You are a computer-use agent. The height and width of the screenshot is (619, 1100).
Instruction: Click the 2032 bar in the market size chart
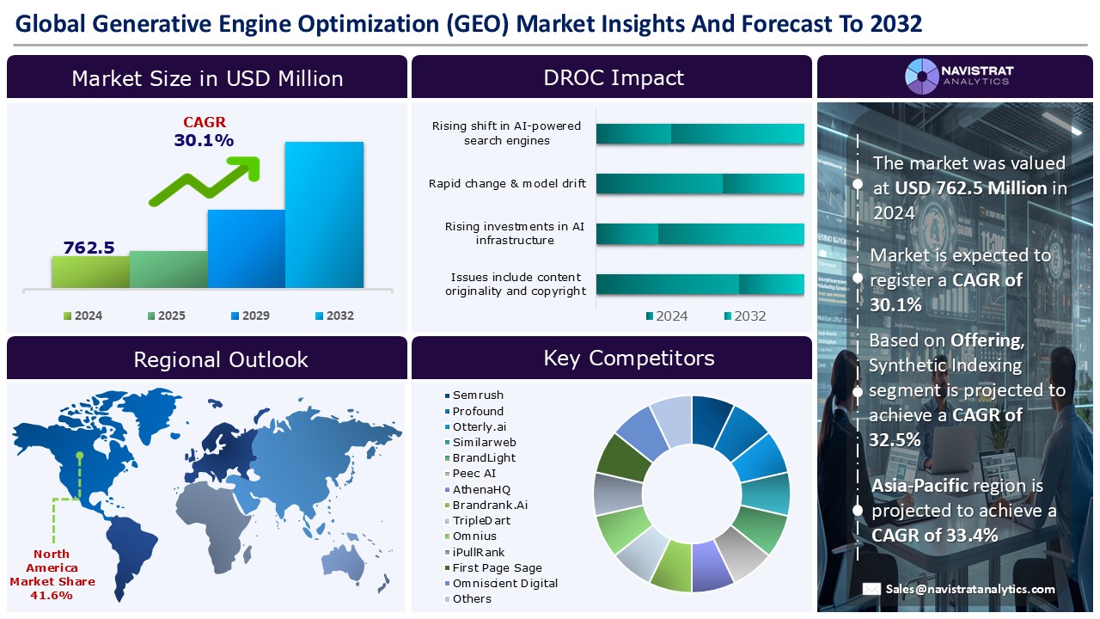coord(324,215)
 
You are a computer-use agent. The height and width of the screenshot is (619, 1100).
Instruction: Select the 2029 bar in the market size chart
coord(246,248)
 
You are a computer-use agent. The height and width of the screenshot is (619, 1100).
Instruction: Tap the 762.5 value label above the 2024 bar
coord(89,248)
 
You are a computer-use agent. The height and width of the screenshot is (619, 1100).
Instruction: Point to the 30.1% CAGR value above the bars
coord(204,140)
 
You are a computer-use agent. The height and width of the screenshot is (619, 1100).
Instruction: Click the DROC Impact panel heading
coord(613,77)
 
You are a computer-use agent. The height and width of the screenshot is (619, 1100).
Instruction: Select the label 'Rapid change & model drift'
coord(507,183)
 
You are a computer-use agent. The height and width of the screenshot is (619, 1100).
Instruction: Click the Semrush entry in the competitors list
coord(478,395)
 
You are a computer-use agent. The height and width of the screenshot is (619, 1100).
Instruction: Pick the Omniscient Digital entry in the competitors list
coord(504,583)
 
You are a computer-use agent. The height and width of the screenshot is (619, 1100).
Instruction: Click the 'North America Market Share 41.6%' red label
coord(52,574)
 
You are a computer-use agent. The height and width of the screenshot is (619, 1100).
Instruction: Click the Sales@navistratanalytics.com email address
coord(970,589)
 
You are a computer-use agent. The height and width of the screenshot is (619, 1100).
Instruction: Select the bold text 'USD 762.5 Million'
coord(970,187)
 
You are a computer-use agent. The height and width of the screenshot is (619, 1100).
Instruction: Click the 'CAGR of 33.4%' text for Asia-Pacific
coord(934,535)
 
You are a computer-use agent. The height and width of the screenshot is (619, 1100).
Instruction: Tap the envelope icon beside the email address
coord(871,590)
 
